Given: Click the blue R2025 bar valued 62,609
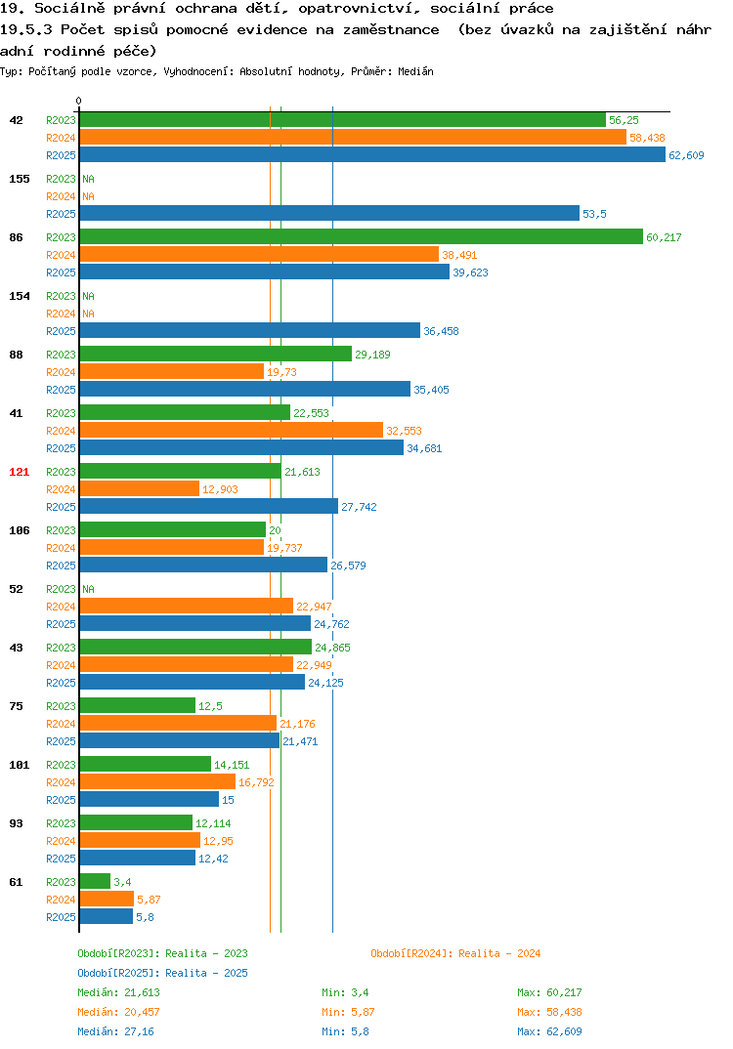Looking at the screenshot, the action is click(x=373, y=154).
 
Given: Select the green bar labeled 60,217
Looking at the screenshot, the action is click(x=362, y=236).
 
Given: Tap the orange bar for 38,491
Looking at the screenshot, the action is click(x=260, y=254).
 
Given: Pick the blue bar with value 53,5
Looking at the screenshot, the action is click(x=330, y=213).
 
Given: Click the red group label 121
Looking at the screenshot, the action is click(x=20, y=472).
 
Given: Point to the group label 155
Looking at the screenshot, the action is click(x=20, y=179).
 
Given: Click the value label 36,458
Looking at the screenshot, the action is click(x=441, y=331).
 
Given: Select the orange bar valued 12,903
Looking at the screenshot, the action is click(x=140, y=489).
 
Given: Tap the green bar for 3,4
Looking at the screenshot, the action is click(x=95, y=881).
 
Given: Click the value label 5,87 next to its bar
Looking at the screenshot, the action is click(x=149, y=900).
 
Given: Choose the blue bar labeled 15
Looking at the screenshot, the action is click(x=150, y=799).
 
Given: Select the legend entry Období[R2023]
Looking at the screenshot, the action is click(x=118, y=953).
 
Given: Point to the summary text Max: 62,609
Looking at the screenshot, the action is click(x=549, y=1031).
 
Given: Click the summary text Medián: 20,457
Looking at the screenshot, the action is click(x=118, y=1012).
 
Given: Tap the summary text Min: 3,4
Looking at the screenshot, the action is click(x=345, y=992).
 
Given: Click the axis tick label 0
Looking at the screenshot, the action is click(x=79, y=101).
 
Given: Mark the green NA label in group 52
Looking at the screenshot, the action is click(x=88, y=589).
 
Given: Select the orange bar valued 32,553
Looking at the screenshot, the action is click(x=232, y=430).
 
